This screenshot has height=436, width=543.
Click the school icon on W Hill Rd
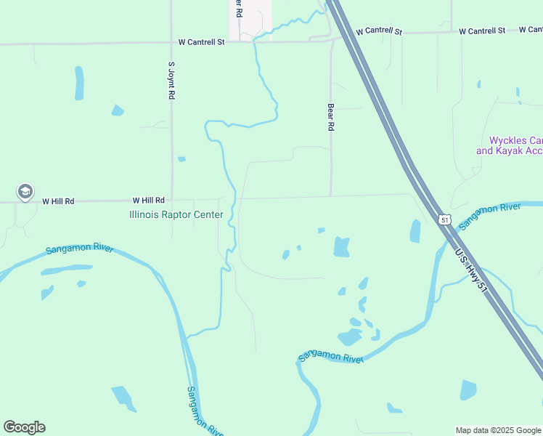coord(25,192)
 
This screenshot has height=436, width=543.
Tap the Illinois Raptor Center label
coord(176,214)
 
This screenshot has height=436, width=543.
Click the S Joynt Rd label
coord(171,80)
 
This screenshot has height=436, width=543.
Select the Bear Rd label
coord(330,116)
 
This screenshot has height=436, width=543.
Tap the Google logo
coord(24,427)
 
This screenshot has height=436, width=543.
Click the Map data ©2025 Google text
coord(498,430)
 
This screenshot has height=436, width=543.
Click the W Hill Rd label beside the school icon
coord(58,201)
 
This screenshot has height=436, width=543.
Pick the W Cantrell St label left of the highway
coord(202,42)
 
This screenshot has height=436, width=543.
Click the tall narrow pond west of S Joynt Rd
coord(78,83)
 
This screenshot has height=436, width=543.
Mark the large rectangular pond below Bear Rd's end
coord(341,247)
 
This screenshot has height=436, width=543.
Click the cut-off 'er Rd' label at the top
coord(237,9)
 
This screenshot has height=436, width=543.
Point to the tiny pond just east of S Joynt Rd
coord(181,158)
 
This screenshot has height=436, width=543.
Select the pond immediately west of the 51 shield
coord(415,231)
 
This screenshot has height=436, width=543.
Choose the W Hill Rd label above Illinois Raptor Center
coord(148,200)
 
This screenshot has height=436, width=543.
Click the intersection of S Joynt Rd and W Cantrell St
coord(171,44)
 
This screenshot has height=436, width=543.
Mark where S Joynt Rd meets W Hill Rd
coord(172,201)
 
